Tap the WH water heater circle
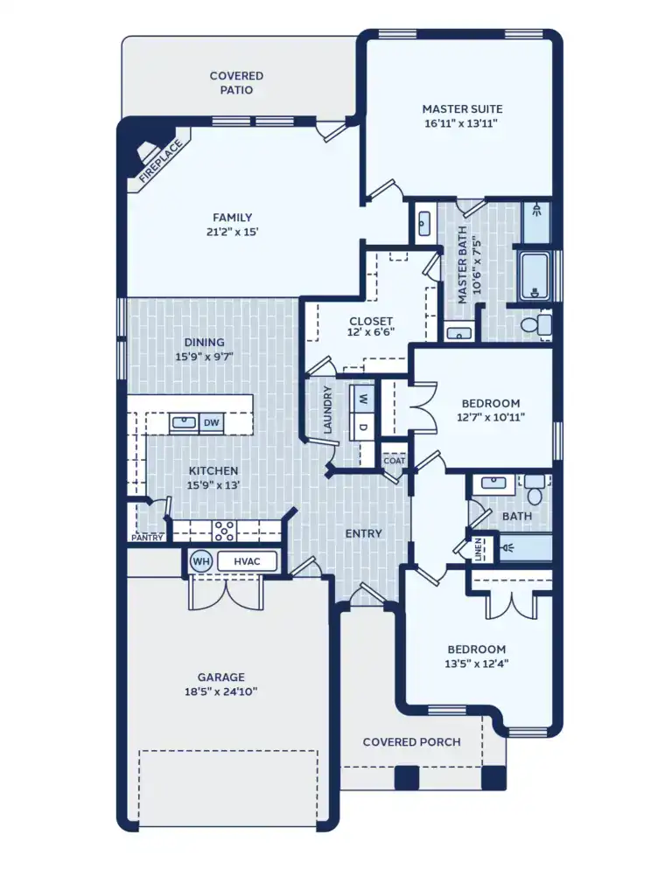[x=201, y=560]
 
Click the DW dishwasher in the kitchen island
[x=211, y=423]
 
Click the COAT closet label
[x=393, y=461]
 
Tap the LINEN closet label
[x=478, y=548]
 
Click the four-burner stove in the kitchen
[x=225, y=530]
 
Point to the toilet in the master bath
[x=535, y=324]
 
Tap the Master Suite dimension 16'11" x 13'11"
[x=462, y=124]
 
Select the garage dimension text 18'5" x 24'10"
[x=220, y=692]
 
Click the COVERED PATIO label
[x=236, y=82]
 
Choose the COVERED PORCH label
[x=411, y=741]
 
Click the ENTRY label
[x=363, y=533]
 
